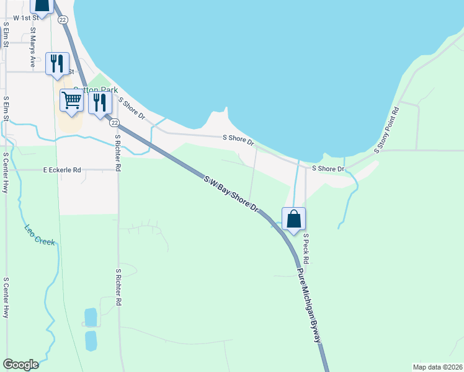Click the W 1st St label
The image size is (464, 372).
coord(17,18)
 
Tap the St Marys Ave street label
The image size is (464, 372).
coord(32,47)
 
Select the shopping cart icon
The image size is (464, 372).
coord(72,100)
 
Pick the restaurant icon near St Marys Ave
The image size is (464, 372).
coord(57,64)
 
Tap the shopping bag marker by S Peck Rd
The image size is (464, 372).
coord(293,219)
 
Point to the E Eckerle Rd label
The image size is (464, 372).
coord(62,169)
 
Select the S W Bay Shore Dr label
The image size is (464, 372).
coord(231,195)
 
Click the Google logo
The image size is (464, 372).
coord(20,365)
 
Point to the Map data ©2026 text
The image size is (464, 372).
coord(437,366)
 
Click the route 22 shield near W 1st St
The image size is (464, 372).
coord(63,20)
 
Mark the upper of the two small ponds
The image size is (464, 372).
coord(91,317)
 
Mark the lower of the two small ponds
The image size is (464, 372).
coord(91,340)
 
